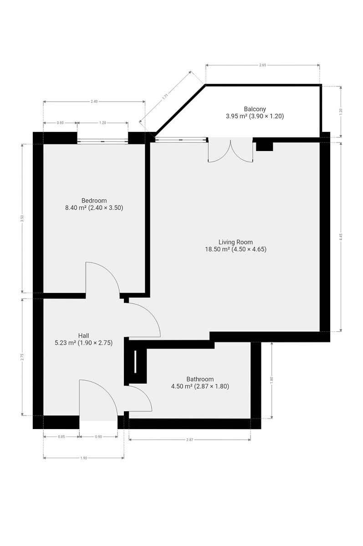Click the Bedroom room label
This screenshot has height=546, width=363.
pyautogui.click(x=94, y=201)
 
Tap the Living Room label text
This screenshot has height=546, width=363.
pyautogui.click(x=235, y=242)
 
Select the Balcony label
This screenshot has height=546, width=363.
pyautogui.click(x=255, y=109)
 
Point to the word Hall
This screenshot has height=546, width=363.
pyautogui.click(x=83, y=336)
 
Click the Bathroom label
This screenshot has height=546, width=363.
pyautogui.click(x=200, y=379)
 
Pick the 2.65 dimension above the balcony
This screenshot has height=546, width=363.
pyautogui.click(x=262, y=65)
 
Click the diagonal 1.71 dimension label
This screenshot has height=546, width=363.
pyautogui.click(x=165, y=96)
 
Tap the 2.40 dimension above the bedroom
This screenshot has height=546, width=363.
pyautogui.click(x=94, y=101)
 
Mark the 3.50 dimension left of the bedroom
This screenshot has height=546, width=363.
pyautogui.click(x=22, y=218)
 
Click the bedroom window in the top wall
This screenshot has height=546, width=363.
pyautogui.click(x=102, y=141)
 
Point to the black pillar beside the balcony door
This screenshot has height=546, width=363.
pyautogui.click(x=264, y=147)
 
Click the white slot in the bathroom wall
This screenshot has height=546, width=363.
pyautogui.click(x=135, y=362)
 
